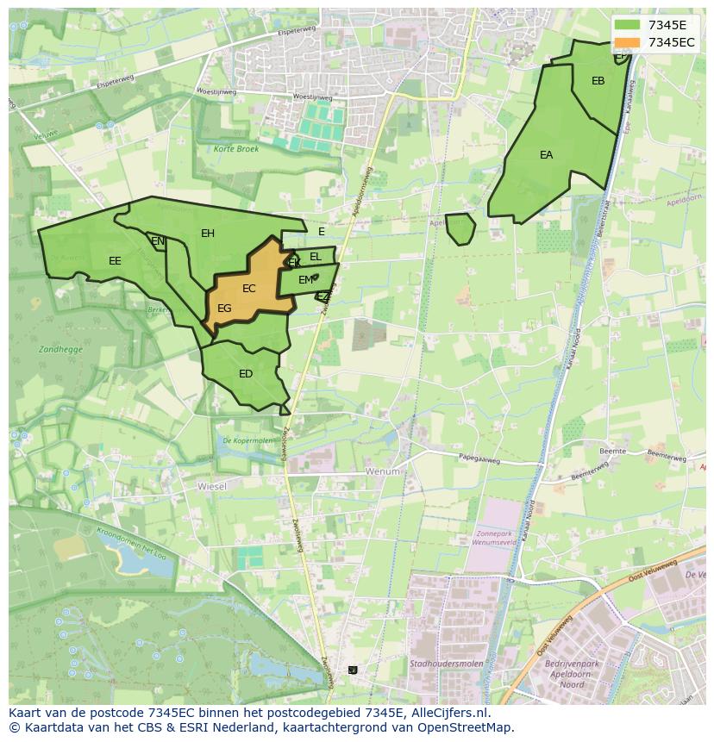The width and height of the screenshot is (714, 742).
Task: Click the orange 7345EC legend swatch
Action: pyautogui.click(x=628, y=42)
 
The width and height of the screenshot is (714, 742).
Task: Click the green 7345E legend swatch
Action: pyautogui.click(x=628, y=25)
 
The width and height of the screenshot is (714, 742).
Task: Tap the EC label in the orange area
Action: pyautogui.click(x=249, y=289)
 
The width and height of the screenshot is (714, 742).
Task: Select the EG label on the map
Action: pyautogui.click(x=224, y=309)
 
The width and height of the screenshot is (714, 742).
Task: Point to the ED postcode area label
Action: pyautogui.click(x=246, y=374)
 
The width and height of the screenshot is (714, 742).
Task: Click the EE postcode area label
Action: pyautogui.click(x=115, y=261)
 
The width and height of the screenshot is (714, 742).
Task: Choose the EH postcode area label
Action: pyautogui.click(x=208, y=234)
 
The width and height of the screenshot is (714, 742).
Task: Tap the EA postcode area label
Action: pyautogui.click(x=546, y=155)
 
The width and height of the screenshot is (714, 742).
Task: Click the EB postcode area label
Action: pyautogui.click(x=598, y=81)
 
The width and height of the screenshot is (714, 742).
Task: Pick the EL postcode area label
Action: pyautogui.click(x=316, y=257)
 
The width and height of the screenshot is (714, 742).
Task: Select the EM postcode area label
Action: pyautogui.click(x=305, y=280)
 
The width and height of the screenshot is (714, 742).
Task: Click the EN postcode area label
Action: pyautogui.click(x=158, y=241)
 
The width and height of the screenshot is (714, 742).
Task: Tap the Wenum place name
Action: pyautogui.click(x=383, y=471)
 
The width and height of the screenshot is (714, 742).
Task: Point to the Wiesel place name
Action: pyautogui.click(x=211, y=486)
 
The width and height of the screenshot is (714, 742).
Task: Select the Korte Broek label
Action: pyautogui.click(x=236, y=149)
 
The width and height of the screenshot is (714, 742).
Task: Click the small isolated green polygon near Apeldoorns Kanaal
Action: pyautogui.click(x=460, y=229)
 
